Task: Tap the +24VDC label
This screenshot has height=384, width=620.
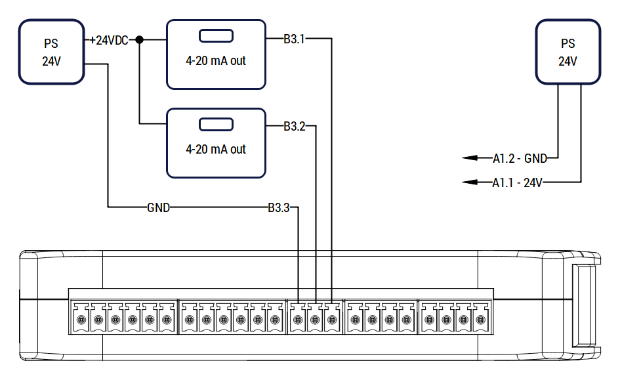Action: click(x=109, y=40)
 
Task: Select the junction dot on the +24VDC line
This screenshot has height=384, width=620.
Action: click(x=139, y=39)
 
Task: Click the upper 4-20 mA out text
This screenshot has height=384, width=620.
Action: click(x=216, y=60)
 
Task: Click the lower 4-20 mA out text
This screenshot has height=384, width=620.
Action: click(x=216, y=149)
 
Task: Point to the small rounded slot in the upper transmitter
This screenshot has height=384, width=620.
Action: click(x=216, y=36)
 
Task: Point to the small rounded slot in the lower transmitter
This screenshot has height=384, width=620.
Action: click(x=216, y=124)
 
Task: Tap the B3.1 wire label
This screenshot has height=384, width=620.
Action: click(x=294, y=39)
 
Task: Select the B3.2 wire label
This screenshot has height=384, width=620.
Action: click(x=295, y=126)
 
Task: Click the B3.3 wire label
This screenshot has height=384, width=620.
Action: click(x=279, y=207)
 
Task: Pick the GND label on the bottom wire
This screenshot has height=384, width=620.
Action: click(x=158, y=207)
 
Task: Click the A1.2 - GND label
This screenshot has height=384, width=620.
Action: click(x=520, y=159)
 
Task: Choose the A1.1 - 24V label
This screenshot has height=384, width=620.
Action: click(x=517, y=182)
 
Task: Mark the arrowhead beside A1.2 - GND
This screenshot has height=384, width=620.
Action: click(x=470, y=158)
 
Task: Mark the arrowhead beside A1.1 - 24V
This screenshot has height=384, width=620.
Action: click(x=470, y=182)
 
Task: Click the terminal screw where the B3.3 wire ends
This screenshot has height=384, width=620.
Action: click(x=298, y=320)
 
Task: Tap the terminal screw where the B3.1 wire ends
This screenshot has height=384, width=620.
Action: click(x=332, y=320)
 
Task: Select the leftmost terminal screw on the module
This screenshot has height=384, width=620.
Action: click(x=81, y=320)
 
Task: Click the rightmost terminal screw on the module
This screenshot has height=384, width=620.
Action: click(x=480, y=320)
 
